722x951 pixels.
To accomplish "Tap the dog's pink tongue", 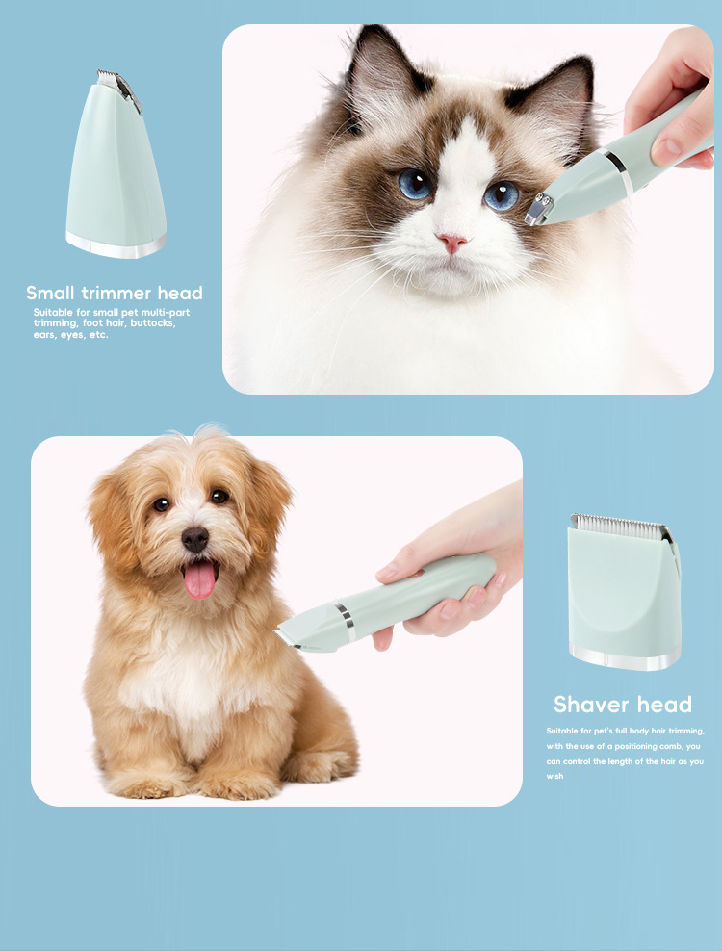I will pos(200,579).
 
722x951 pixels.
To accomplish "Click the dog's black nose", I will pos(195,539).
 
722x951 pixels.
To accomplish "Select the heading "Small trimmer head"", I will pos(115,293).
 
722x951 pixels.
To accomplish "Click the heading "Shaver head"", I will pos(622,704).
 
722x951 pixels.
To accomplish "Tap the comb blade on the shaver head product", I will pos(622,526).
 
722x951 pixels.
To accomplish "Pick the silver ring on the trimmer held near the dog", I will pos(344,622).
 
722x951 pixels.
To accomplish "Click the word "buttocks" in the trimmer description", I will pos(155,323).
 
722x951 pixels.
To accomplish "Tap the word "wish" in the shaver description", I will pos(554,776).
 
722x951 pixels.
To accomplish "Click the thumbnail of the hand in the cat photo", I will pos(665,149).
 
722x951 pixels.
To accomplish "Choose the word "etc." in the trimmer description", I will pos(96,335).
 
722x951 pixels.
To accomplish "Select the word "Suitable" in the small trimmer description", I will pos(51,312).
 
